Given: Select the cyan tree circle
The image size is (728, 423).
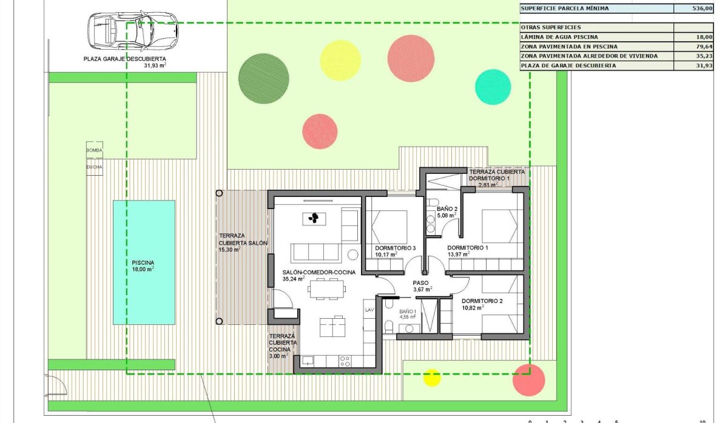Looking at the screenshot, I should [x=493, y=87].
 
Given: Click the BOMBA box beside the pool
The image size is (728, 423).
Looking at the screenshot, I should [x=94, y=150].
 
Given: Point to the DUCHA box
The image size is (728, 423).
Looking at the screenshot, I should [x=94, y=167].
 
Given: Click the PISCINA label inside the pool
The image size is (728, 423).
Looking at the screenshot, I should [x=143, y=263].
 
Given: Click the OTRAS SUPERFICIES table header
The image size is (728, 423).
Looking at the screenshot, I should [x=551, y=27].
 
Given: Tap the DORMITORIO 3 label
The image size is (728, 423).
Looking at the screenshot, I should [x=396, y=248].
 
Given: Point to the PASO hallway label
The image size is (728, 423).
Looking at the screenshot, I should [x=421, y=282].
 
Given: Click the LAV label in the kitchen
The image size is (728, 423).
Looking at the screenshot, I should [x=369, y=310].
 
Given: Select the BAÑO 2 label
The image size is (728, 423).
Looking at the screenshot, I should [x=447, y=208].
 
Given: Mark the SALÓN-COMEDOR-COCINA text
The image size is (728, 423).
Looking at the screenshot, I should [x=318, y=272].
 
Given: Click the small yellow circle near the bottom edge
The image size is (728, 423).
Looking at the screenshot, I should [x=432, y=378].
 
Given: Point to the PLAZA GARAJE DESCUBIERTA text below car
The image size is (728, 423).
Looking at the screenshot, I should [x=125, y=59].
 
